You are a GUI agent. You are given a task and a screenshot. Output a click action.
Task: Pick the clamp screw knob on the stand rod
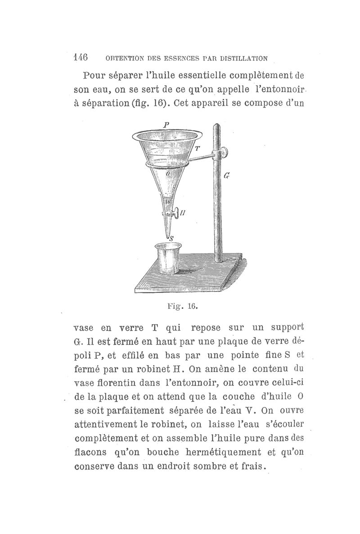click(221, 153)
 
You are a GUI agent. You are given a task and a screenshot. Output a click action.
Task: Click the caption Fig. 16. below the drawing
click(182, 307)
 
